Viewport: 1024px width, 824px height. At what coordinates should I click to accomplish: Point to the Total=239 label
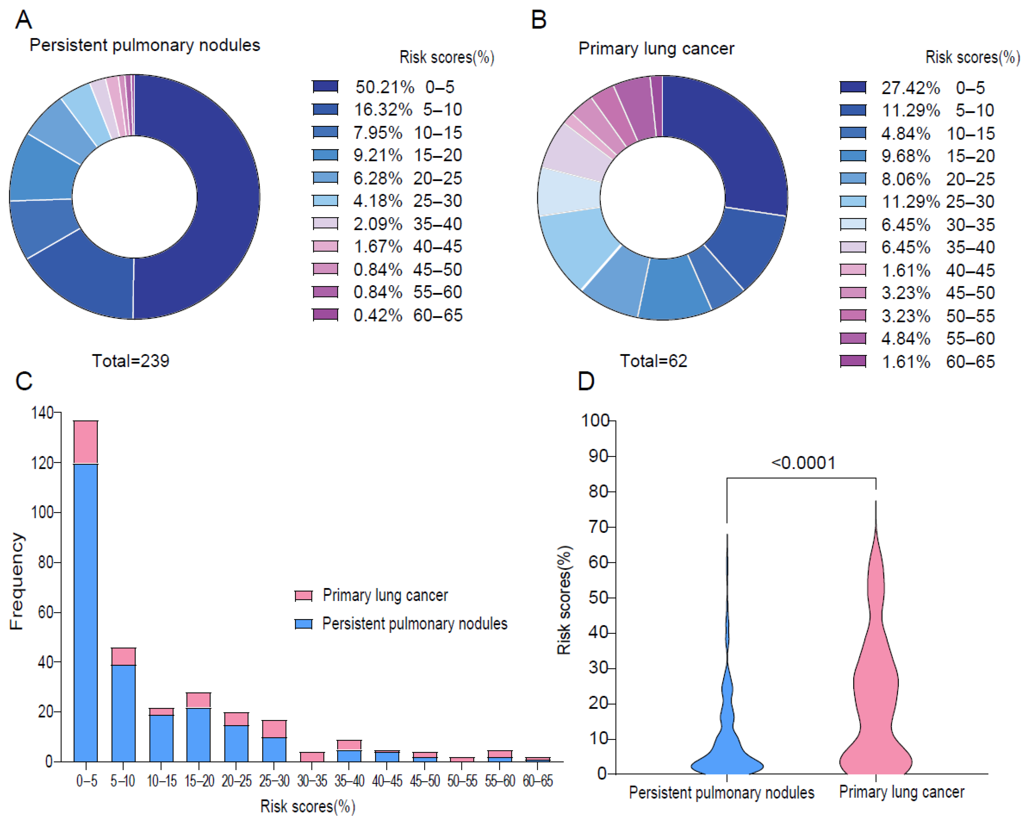point(131,361)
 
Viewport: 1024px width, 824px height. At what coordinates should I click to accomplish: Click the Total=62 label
point(653,361)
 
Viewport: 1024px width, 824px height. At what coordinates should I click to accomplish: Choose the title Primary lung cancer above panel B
point(656,48)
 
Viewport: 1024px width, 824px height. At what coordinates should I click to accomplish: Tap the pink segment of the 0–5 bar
point(85,442)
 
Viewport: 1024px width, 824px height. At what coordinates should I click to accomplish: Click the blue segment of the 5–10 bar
point(123,713)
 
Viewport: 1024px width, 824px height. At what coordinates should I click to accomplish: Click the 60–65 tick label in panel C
point(538,781)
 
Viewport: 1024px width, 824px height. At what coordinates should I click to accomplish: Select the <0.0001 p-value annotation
point(803,462)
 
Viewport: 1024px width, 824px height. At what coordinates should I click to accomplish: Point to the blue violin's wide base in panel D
point(727,765)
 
